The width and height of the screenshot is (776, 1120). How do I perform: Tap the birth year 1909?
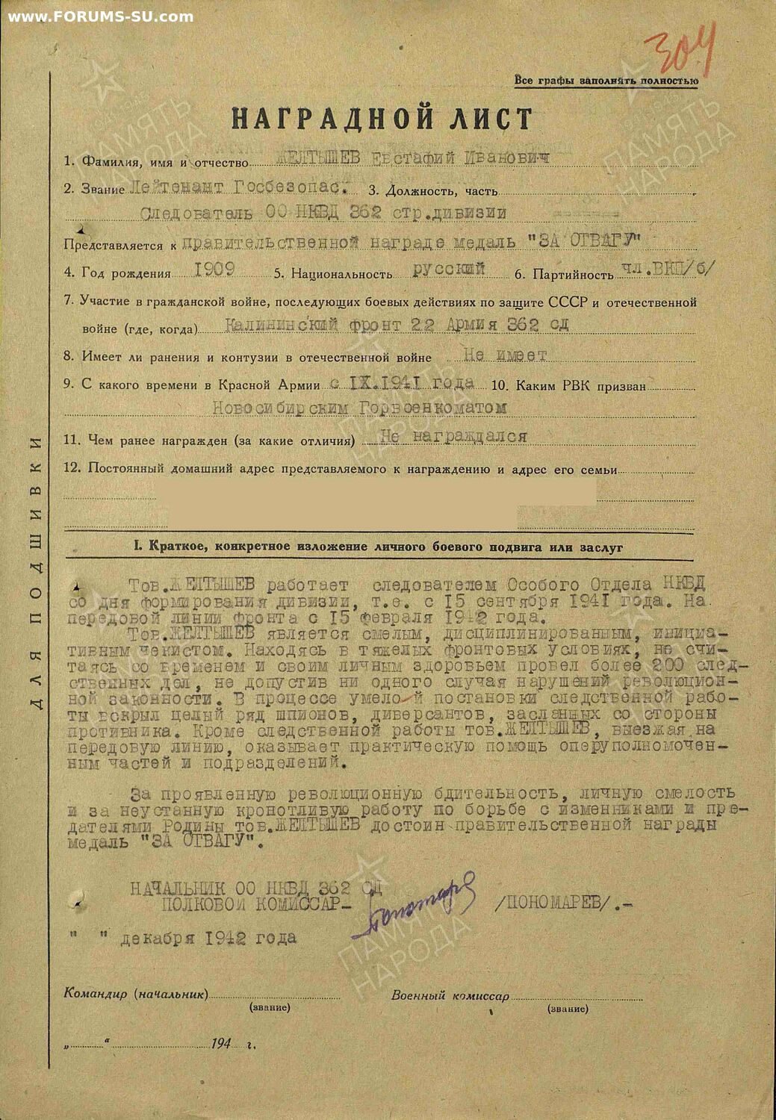click(214, 270)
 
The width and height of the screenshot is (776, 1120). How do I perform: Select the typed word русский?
click(449, 269)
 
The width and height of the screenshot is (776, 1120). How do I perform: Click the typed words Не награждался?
click(453, 436)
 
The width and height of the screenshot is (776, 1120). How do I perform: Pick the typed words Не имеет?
click(506, 355)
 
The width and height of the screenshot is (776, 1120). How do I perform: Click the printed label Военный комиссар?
click(450, 995)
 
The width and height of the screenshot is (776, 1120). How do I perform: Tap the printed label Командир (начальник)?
click(135, 994)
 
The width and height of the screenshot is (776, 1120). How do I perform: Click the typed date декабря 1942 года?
click(208, 938)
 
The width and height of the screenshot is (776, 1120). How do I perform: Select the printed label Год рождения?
click(125, 273)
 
